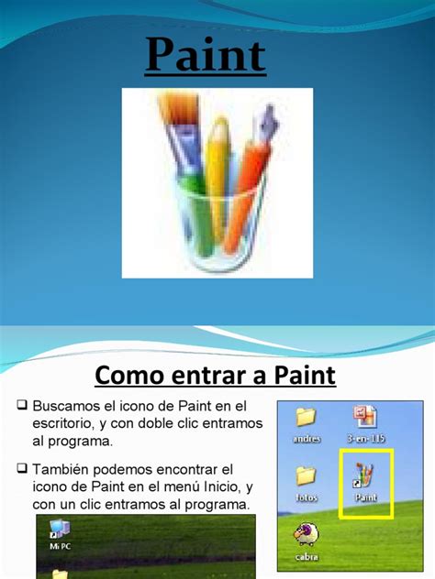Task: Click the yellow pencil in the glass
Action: click(x=218, y=169)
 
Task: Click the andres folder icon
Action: click(x=306, y=418)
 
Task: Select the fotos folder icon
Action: click(x=306, y=476)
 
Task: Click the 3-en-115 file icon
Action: click(x=364, y=418)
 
